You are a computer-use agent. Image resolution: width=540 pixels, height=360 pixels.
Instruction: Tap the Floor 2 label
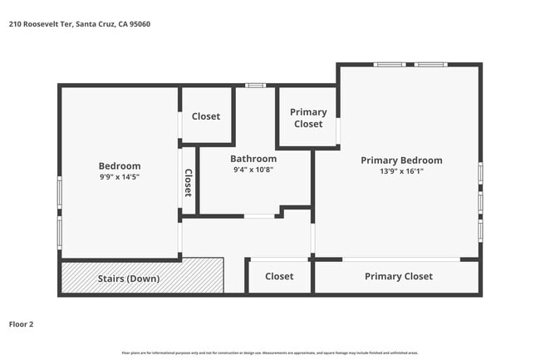point(21,324)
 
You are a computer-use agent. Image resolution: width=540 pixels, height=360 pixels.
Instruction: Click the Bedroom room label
point(120,165)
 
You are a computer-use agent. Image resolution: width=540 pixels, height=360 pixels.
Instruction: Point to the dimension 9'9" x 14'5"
point(120,177)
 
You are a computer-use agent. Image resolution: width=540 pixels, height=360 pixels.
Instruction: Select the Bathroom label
point(253,159)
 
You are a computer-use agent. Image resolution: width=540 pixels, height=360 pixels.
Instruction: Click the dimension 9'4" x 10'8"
point(253,170)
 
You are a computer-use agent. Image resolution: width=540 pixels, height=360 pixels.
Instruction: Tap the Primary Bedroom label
point(401,160)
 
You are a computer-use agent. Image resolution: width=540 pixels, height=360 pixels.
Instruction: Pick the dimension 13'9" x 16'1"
point(401,171)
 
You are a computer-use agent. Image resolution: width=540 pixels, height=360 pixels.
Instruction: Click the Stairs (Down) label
point(129,279)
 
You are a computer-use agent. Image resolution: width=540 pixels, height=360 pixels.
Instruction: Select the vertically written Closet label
point(189,183)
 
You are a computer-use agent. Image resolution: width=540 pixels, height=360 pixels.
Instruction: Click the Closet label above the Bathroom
point(206,116)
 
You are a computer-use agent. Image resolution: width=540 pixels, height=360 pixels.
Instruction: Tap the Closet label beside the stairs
point(279,277)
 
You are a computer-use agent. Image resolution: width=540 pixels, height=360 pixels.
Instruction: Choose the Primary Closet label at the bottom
point(399,277)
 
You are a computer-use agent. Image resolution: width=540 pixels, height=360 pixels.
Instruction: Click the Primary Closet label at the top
point(308,118)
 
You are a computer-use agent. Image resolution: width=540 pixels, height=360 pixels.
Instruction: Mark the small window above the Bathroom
point(256,85)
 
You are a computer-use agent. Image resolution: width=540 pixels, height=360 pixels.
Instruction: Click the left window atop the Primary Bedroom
point(390,64)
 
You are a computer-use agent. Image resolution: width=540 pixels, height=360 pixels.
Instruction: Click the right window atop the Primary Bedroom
point(430,64)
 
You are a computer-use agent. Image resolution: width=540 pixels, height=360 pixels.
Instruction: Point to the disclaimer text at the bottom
point(270,353)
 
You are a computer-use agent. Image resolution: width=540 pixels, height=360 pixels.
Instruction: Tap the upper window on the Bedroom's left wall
point(59,192)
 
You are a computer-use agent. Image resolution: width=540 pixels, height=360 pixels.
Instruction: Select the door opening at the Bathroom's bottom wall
point(259,216)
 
